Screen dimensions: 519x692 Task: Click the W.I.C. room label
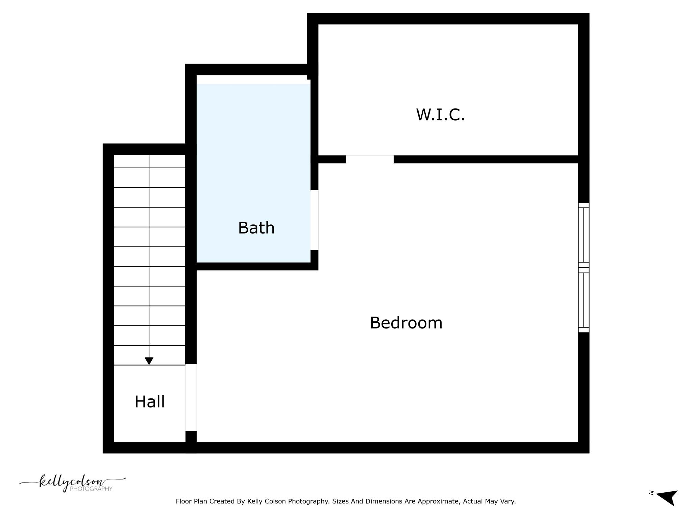tap(440, 115)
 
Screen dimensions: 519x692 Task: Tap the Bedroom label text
tap(406, 323)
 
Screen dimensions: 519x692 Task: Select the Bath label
tap(256, 228)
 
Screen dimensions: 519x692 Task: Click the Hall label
tap(150, 402)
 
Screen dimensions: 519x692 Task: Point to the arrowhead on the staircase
tap(149, 361)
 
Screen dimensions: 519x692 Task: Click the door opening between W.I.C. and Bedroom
tap(370, 159)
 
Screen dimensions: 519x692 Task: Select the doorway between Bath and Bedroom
tap(314, 220)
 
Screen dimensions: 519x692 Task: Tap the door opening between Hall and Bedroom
tap(191, 398)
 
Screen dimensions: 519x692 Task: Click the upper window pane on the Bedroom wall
tap(584, 235)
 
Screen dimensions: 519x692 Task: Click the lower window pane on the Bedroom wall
tap(584, 300)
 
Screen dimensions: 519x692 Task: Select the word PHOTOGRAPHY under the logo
tap(91, 489)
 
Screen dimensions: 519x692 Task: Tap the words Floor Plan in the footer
tap(191, 501)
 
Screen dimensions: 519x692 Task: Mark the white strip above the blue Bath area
tap(252, 79)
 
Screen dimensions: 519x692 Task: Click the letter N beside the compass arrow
tap(651, 493)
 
